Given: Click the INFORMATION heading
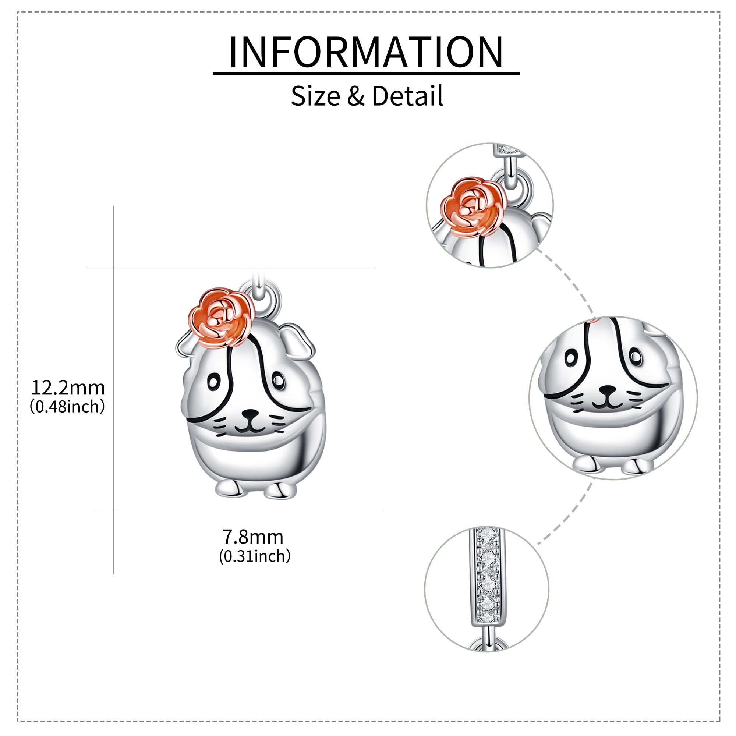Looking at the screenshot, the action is (x=366, y=52).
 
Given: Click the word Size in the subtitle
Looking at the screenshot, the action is (x=315, y=96).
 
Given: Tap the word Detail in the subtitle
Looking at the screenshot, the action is (x=407, y=96).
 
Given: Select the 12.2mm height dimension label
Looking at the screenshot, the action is (x=68, y=388).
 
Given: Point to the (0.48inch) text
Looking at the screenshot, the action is (x=67, y=407).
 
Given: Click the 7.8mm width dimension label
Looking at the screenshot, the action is (x=253, y=537).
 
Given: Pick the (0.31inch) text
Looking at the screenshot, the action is (x=255, y=556).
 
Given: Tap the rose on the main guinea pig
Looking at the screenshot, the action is (x=221, y=317).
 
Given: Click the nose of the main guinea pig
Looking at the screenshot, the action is (x=250, y=413).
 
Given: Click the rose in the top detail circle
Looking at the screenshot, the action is (x=474, y=207).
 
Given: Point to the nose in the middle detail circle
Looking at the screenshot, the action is (x=607, y=391).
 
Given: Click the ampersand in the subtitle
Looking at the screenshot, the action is (x=356, y=96).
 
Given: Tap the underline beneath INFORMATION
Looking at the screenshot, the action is (x=366, y=73).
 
